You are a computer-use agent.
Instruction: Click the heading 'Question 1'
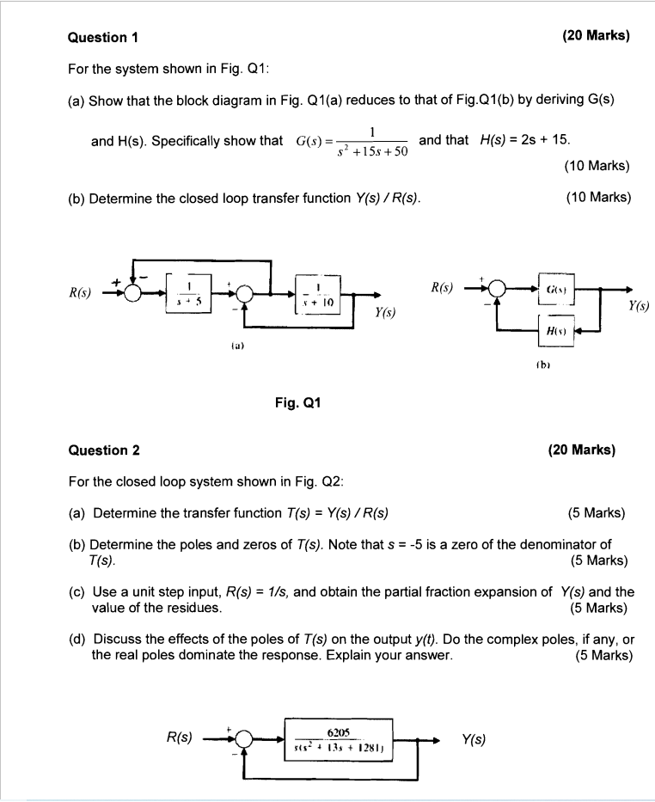tap(103, 37)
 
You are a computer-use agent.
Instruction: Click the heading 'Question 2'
tap(103, 450)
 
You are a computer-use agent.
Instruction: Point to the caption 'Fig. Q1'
tap(298, 401)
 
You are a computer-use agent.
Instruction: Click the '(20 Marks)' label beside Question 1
tap(596, 36)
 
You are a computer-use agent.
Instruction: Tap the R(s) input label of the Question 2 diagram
tap(180, 737)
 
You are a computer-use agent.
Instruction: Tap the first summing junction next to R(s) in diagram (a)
tap(132, 293)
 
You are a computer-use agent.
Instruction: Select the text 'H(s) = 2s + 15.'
tap(526, 140)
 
